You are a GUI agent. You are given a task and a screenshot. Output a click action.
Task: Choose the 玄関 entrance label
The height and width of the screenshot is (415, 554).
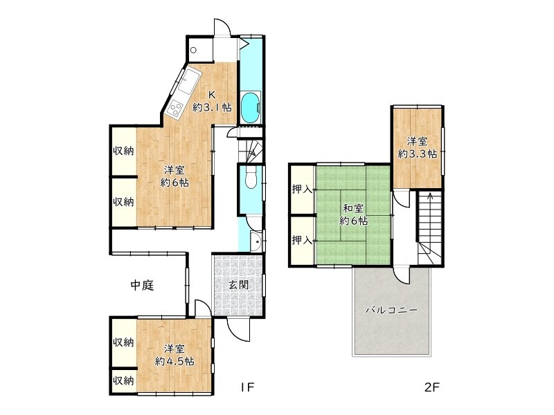pos(238,284)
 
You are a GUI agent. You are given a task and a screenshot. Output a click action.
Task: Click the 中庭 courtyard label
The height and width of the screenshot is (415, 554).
pos(143,284)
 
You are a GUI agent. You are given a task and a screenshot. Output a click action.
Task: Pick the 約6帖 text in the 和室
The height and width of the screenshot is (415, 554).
pos(353,221)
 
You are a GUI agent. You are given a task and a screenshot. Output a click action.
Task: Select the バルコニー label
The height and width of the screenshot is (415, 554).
pos(391,311)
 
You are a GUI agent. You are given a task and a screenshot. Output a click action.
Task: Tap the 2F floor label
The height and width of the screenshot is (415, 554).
pos(432,387)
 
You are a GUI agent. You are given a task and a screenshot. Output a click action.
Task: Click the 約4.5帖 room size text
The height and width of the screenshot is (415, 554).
pos(175,361)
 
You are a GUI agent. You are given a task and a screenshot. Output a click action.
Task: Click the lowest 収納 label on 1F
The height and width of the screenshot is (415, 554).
pos(124,380)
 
